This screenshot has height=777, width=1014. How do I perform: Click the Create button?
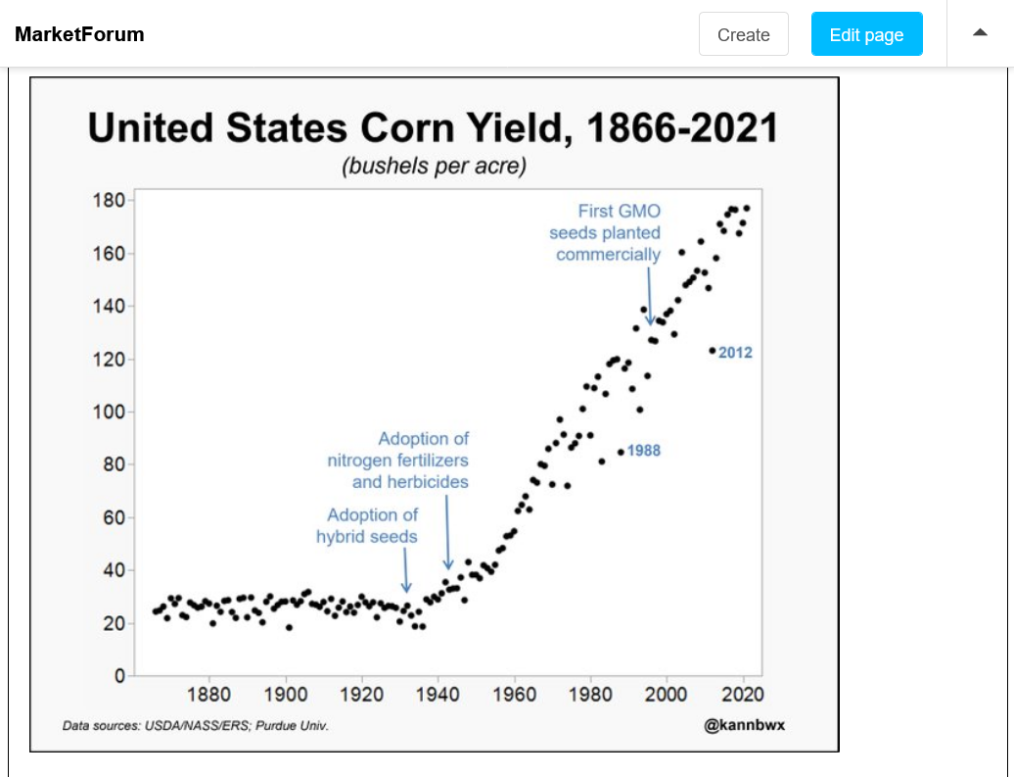743,34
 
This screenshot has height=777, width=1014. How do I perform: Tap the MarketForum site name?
79,34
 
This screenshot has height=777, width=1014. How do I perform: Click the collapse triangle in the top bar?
980,32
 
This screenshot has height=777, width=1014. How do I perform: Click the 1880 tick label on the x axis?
209,695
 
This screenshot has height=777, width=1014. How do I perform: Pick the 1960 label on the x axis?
515,695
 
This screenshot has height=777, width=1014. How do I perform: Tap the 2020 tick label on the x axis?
743,695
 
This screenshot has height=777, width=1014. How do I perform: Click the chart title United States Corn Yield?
433,128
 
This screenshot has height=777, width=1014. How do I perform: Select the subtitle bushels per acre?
434,166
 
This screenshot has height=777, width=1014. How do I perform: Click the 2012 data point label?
735,352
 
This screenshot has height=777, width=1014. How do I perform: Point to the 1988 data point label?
643,451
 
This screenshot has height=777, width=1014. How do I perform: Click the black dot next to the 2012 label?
713,351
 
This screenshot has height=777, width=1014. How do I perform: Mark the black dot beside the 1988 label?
621,452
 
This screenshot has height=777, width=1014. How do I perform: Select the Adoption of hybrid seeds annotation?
368,525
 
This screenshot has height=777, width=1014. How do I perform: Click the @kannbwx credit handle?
730,725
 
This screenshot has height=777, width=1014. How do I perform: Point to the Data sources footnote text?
196,726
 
